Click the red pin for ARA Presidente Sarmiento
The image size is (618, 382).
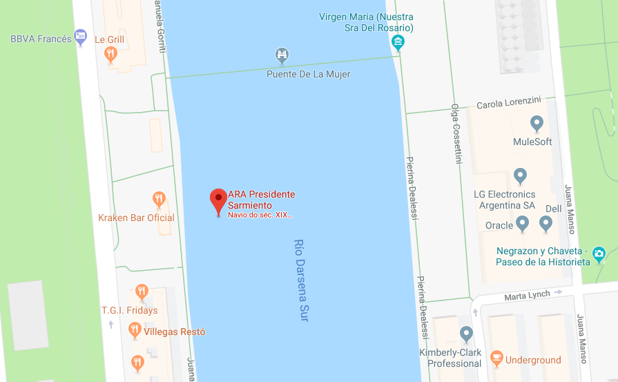point(218,200)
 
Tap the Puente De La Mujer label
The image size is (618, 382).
point(308,74)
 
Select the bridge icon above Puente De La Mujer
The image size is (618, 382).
point(281,55)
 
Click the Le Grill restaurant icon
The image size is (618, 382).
point(110,54)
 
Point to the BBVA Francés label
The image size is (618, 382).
point(41,39)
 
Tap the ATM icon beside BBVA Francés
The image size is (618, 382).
point(81,35)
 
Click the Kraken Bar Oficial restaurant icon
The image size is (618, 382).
point(160,200)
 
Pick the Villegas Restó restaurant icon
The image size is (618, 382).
point(135,331)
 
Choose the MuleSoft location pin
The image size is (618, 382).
point(537,124)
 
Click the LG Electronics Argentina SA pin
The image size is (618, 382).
point(521,176)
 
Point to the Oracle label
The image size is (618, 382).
point(499,225)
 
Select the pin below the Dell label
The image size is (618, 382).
point(546,223)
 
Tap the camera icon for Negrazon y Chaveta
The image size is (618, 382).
point(598,253)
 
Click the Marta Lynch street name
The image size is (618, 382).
point(528,295)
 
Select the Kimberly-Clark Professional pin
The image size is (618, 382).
point(466,334)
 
